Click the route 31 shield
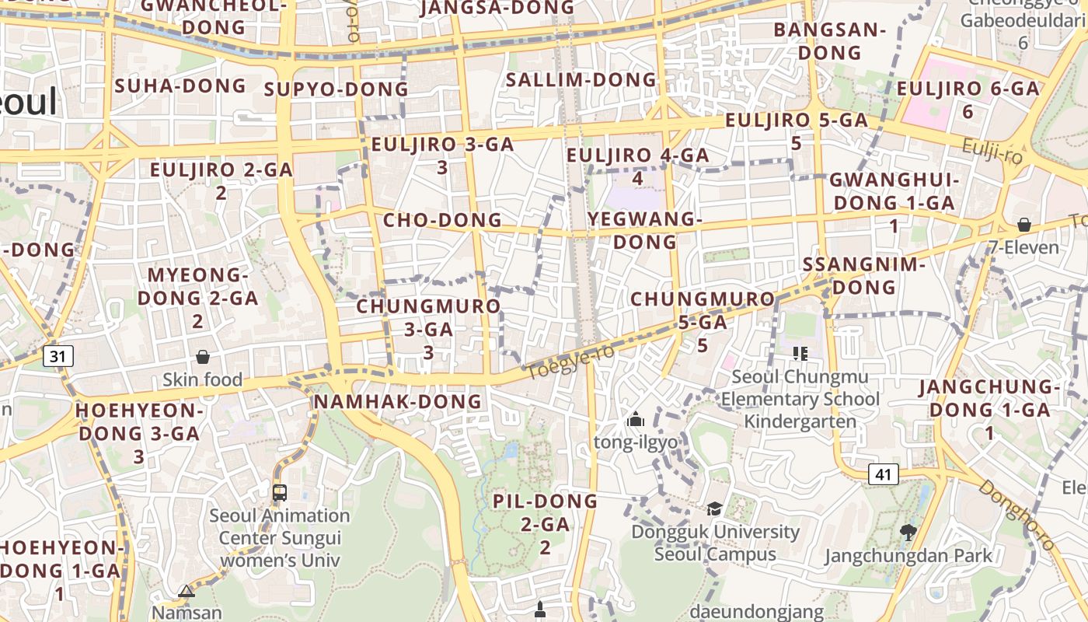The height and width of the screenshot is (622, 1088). coord(58,356)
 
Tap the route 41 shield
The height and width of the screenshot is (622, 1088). coord(883,473)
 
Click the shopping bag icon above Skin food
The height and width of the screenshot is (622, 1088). coord(203,357)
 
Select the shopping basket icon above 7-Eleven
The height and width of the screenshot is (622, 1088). coord(1024,225)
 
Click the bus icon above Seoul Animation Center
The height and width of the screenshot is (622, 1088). coord(279,492)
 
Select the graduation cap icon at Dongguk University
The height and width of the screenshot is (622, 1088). coord(713,509)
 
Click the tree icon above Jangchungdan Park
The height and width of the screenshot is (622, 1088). coord(908,532)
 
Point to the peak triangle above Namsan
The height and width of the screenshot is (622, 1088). coord(186,592)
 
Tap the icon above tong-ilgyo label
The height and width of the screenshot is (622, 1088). coord(636,420)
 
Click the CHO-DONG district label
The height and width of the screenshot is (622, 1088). coord(442,220)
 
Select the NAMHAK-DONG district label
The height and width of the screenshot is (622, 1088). coord(397,401)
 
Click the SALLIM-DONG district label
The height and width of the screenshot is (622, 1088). coord(581,80)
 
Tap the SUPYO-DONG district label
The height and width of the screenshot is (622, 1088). coord(336,89)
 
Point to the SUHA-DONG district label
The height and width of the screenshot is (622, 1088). coord(180,86)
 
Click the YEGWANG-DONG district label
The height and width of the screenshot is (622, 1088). coord(645,230)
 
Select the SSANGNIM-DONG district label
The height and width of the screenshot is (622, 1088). coord(863,275)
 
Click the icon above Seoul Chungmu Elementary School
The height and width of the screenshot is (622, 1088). coord(800,354)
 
